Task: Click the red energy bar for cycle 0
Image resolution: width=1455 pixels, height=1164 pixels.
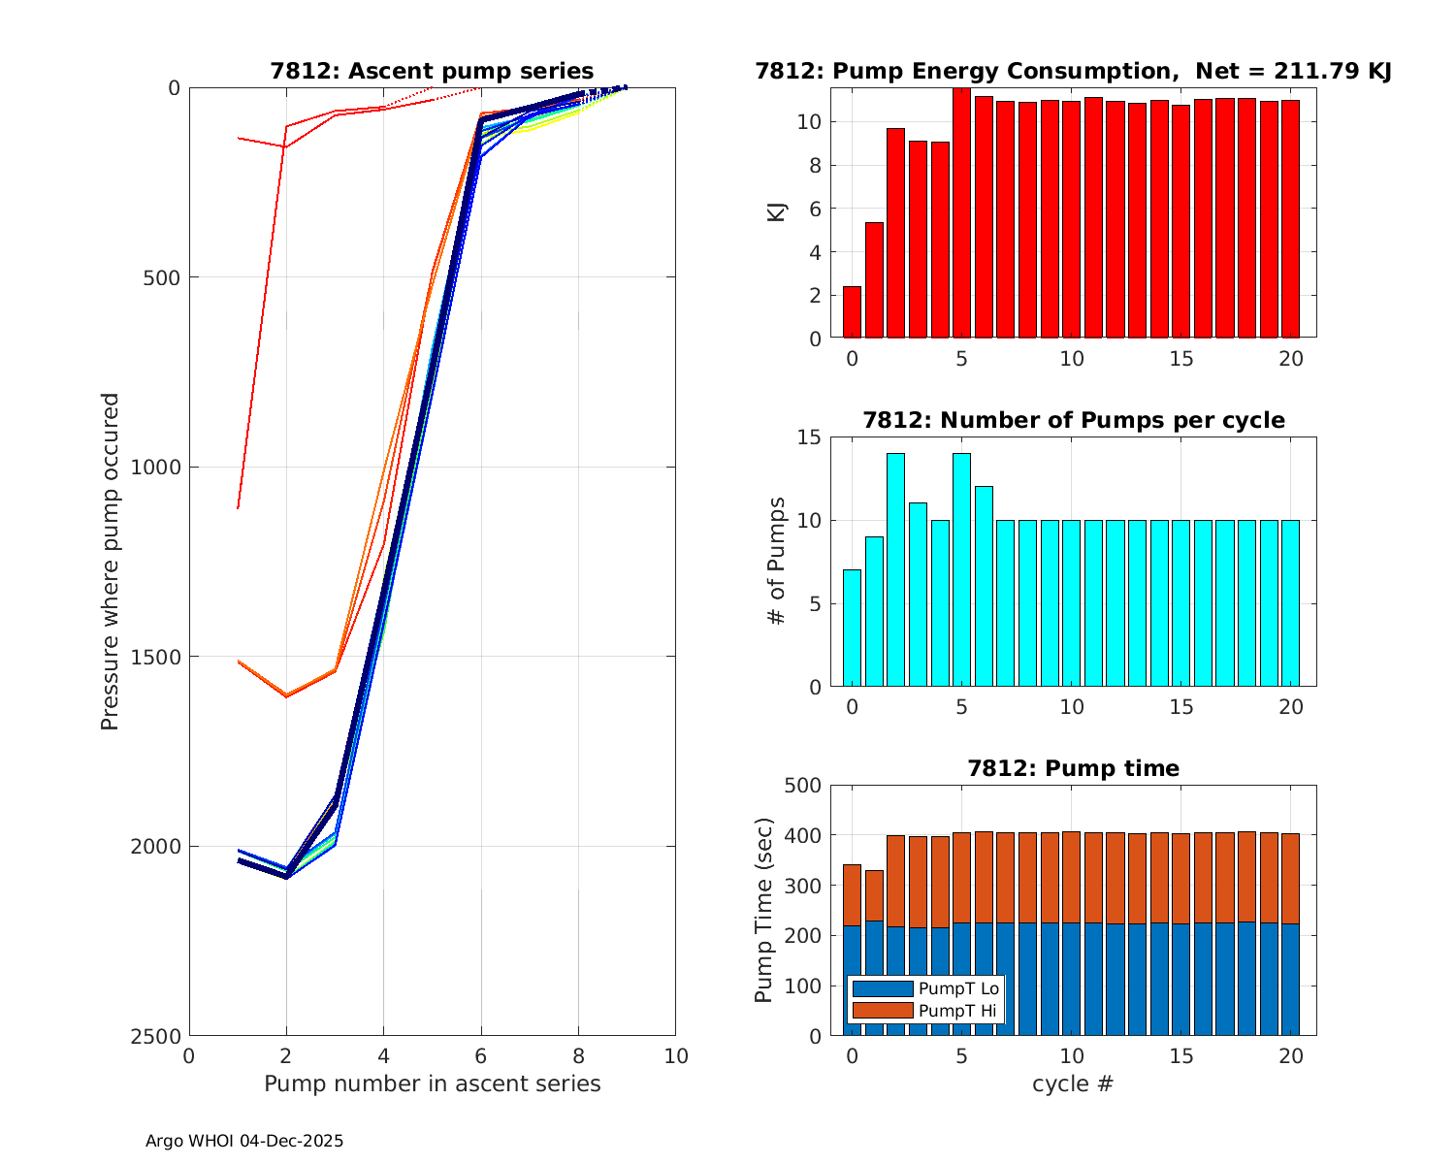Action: tap(852, 312)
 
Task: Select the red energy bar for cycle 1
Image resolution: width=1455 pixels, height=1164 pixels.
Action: tap(874, 280)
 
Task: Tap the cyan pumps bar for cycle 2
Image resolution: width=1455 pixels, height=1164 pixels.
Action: tap(895, 570)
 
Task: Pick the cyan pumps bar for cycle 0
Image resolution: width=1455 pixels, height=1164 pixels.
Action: tap(852, 629)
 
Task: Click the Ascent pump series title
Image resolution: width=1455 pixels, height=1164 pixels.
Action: tap(432, 71)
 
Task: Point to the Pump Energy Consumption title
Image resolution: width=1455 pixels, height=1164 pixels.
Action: tap(1073, 71)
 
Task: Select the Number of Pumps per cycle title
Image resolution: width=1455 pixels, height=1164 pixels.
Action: tap(1073, 420)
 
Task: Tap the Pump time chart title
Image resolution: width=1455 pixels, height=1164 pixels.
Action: tap(1073, 768)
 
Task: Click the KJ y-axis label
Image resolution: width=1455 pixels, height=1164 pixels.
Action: tap(777, 212)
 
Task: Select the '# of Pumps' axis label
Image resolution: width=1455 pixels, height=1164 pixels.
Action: tap(777, 561)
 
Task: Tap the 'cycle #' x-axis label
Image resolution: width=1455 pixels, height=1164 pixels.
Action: tap(1073, 1083)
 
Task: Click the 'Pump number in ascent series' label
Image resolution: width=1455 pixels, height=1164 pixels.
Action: tap(432, 1083)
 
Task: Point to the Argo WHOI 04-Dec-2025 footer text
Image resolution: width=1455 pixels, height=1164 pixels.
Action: tap(244, 1141)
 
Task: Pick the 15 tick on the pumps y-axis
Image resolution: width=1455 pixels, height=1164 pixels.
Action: tap(808, 437)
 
